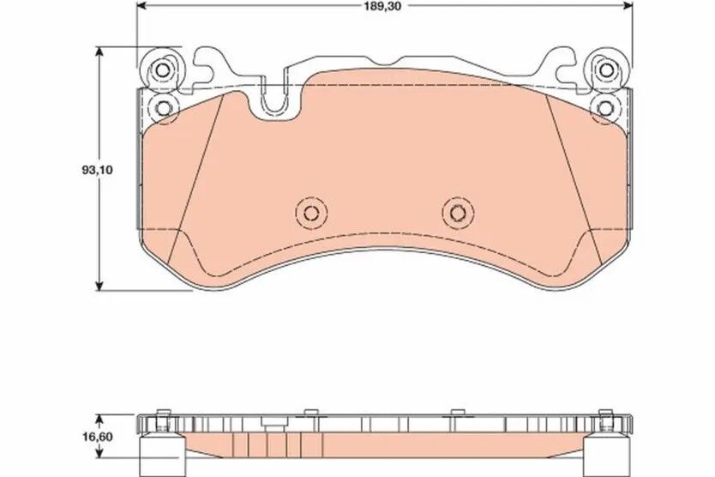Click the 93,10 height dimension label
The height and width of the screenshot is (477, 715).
97,170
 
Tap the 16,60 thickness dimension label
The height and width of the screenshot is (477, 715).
97,437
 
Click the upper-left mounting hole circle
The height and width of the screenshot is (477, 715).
163,70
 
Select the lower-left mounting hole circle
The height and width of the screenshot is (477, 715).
163,108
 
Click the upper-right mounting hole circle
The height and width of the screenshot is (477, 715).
606,70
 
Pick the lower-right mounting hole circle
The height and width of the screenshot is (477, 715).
605,109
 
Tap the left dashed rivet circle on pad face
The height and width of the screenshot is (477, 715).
311,213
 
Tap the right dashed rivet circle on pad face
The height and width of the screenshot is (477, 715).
458,213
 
